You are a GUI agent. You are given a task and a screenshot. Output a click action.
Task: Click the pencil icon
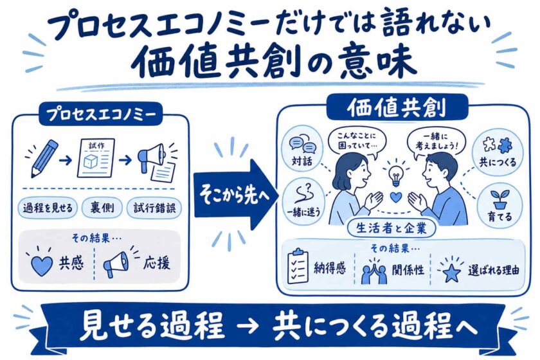click(x=44, y=159)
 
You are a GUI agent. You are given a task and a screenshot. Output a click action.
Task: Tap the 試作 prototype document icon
click(x=96, y=158)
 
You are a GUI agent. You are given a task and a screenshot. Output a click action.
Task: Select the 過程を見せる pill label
click(x=48, y=208)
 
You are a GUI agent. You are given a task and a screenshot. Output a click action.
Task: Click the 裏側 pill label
click(x=102, y=208)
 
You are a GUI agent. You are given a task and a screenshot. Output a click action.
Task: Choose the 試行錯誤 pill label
click(x=154, y=208)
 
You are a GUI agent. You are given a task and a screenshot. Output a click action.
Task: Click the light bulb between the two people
click(x=396, y=175)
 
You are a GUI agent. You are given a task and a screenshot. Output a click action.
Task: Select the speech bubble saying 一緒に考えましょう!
click(x=437, y=142)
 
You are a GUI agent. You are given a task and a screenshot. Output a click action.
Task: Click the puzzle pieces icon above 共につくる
click(x=498, y=145)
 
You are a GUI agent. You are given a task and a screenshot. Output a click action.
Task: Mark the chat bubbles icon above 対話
click(x=303, y=146)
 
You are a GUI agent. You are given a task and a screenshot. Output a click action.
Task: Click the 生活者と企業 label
click(x=392, y=228)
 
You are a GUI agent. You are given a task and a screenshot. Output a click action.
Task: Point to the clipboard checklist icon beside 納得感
click(x=298, y=266)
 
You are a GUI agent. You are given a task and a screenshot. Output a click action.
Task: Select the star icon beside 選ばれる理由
click(x=451, y=272)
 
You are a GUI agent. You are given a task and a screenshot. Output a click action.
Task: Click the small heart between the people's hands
click(x=397, y=197)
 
